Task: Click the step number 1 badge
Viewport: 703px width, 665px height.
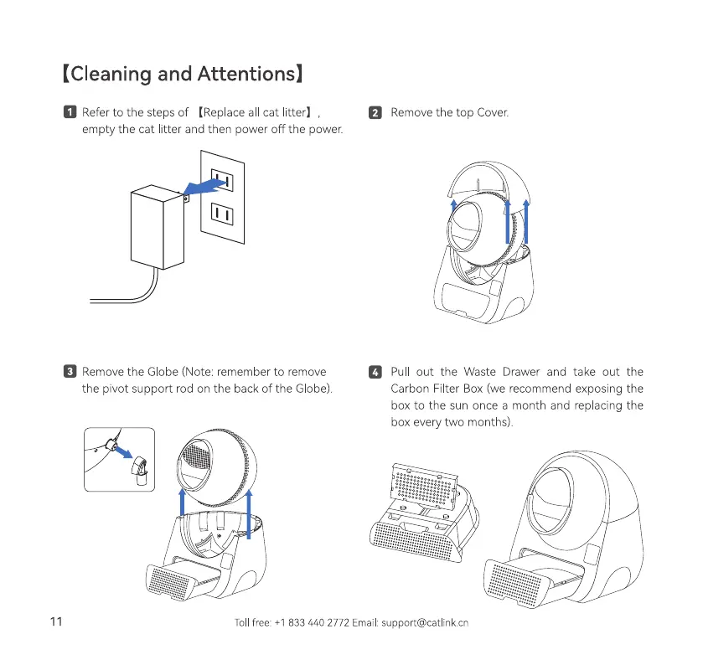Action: pos(70,113)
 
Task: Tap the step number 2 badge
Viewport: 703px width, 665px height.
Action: pos(376,113)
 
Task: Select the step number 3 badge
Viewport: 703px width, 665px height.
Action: pos(70,372)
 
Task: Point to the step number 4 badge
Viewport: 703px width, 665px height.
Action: pos(376,372)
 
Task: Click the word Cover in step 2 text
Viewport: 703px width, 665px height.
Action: pos(493,113)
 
